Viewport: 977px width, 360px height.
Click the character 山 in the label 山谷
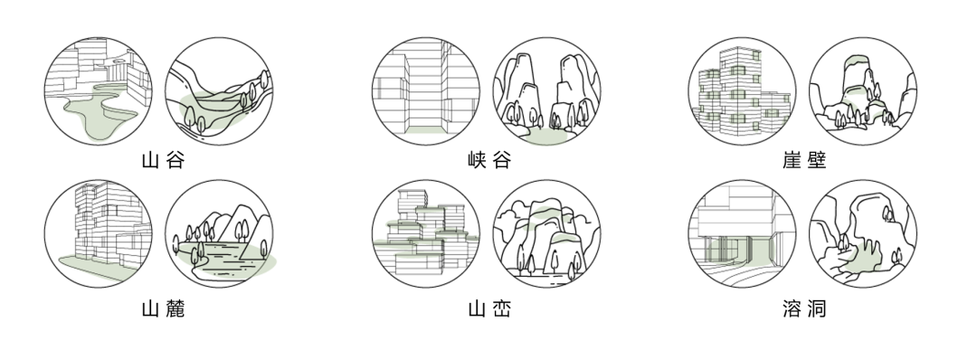(x=151, y=162)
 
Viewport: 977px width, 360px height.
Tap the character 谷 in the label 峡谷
(x=500, y=162)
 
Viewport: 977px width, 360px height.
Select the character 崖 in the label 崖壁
(x=792, y=162)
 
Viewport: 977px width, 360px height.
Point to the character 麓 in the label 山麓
(x=175, y=309)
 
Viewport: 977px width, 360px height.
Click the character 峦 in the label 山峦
(x=500, y=309)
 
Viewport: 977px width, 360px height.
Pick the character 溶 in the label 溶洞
(x=792, y=309)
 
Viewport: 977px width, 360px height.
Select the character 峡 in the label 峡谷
(x=477, y=162)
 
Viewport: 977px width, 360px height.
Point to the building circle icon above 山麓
(x=98, y=234)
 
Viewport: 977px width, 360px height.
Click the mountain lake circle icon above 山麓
(x=219, y=234)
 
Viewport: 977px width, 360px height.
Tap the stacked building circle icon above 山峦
(x=425, y=234)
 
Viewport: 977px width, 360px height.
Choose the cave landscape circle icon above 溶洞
(x=862, y=234)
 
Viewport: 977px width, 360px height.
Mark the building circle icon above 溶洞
(x=741, y=234)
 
